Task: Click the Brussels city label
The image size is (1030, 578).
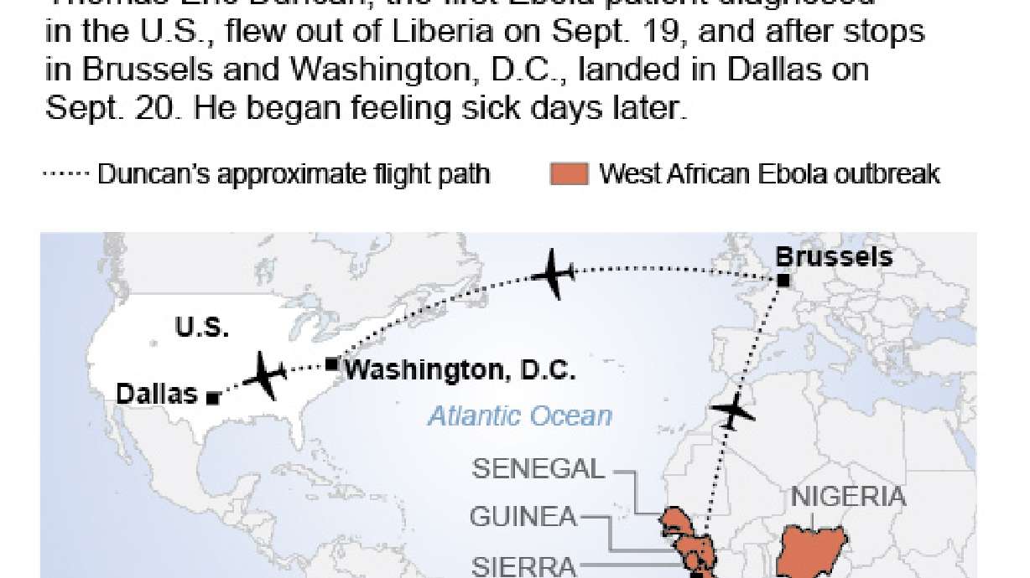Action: point(835,256)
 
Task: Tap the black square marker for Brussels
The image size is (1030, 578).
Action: point(783,281)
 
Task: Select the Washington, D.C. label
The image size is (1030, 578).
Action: point(460,369)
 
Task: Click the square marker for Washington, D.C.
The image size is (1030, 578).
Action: point(332,364)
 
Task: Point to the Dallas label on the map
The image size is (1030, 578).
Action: point(157,393)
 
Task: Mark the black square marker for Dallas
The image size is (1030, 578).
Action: point(213,399)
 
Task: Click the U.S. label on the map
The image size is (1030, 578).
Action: point(202,328)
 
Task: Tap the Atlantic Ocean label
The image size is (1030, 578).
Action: point(520,415)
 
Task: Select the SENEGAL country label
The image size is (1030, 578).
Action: point(538,468)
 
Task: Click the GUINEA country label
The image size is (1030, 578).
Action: point(523,517)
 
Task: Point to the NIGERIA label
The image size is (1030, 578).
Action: point(848,497)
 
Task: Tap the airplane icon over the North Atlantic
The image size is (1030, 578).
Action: point(551,273)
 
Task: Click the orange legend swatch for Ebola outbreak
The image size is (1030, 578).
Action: point(568,174)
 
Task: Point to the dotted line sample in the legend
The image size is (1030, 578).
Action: point(66,174)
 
